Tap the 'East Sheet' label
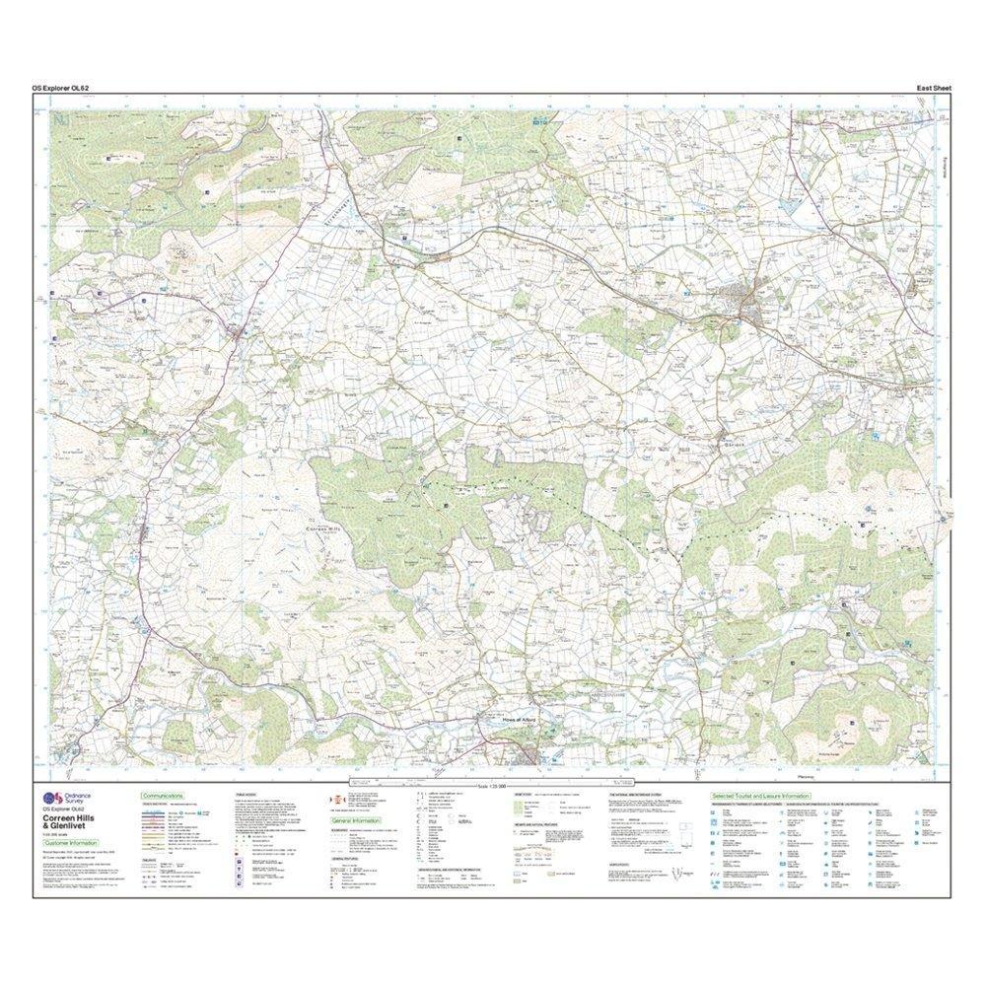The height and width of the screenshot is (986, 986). tap(933, 89)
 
